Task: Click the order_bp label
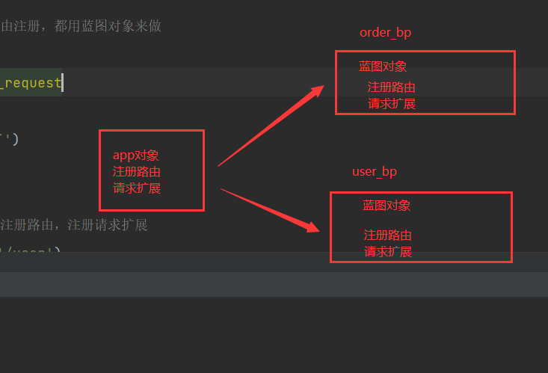click(x=385, y=33)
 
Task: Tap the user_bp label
click(x=375, y=172)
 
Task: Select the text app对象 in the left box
click(x=136, y=155)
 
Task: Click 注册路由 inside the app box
click(x=136, y=172)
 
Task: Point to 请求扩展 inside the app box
click(x=136, y=188)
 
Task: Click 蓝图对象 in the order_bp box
click(x=383, y=67)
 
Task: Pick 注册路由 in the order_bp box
click(x=391, y=87)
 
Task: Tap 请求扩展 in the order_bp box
click(x=391, y=104)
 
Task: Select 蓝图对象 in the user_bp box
click(x=387, y=206)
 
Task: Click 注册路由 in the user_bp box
click(x=387, y=235)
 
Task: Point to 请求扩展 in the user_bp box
click(x=387, y=252)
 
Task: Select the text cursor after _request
click(x=63, y=83)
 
